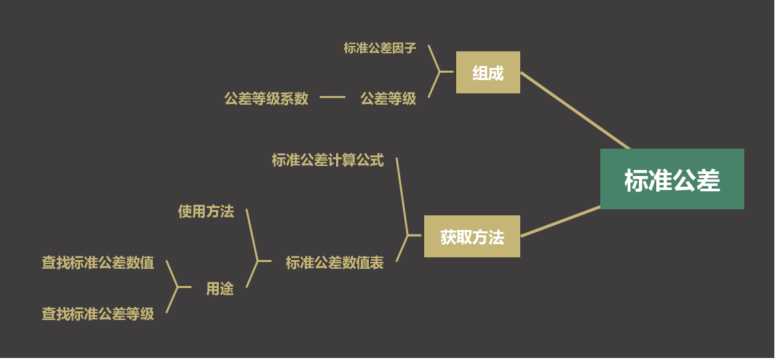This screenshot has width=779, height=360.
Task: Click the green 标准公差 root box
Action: coord(672,179)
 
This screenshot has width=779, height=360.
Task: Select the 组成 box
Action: coord(488,73)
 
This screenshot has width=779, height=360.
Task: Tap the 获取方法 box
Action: coord(472,237)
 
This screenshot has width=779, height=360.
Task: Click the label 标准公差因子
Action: coord(379,48)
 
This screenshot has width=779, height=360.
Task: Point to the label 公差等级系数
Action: coord(266,99)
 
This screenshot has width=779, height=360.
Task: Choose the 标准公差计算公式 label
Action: coord(327,160)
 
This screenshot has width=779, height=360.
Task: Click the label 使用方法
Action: coord(205,211)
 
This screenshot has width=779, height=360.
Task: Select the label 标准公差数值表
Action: coord(334,263)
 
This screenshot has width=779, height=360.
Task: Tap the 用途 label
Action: coord(219,289)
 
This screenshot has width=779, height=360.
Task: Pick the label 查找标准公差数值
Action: coord(98,263)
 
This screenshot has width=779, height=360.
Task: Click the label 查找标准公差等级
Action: coord(98,314)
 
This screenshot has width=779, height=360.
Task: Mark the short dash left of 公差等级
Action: coord(332,97)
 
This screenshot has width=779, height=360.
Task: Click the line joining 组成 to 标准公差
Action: coord(575,111)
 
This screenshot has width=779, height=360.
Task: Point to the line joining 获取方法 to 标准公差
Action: coord(560,221)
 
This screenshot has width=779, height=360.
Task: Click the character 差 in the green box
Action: coord(708,181)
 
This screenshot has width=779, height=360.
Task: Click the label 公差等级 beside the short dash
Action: coord(388,99)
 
